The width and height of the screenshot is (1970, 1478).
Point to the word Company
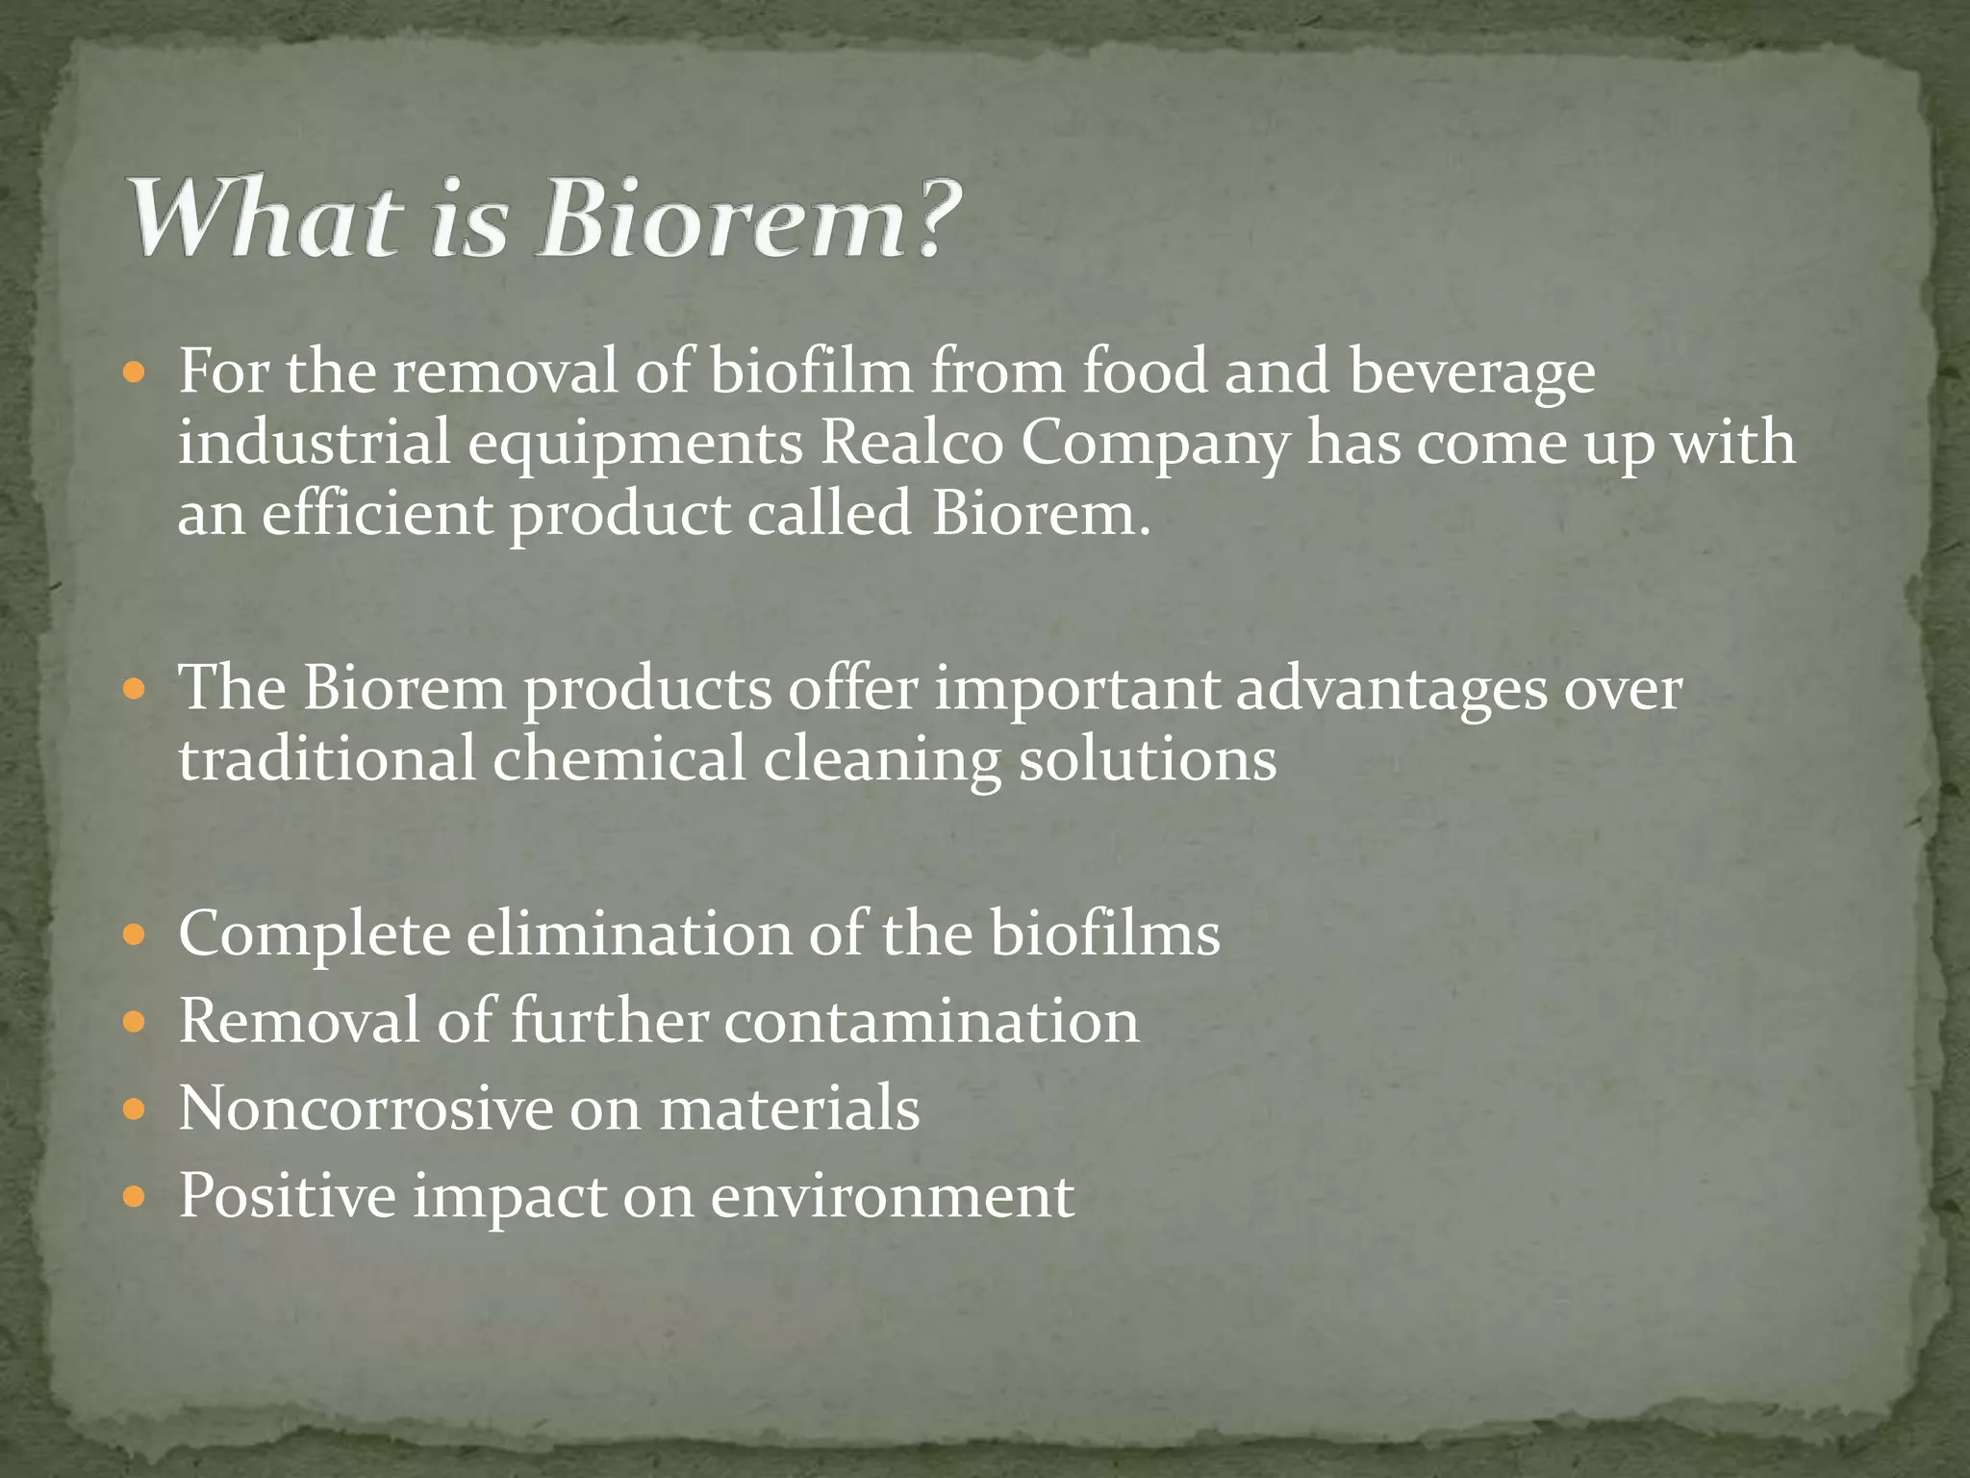pyautogui.click(x=1154, y=445)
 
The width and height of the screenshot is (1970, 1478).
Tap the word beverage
pyautogui.click(x=1472, y=373)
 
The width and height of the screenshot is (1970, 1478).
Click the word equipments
pyautogui.click(x=636, y=445)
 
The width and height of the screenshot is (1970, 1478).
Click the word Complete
pyautogui.click(x=315, y=935)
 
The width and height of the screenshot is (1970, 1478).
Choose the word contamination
pyautogui.click(x=931, y=1021)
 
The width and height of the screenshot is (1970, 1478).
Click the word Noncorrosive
pyautogui.click(x=365, y=1108)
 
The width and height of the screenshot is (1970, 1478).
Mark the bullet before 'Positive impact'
pyautogui.click(x=135, y=1197)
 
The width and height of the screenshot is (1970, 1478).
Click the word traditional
pyautogui.click(x=327, y=759)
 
